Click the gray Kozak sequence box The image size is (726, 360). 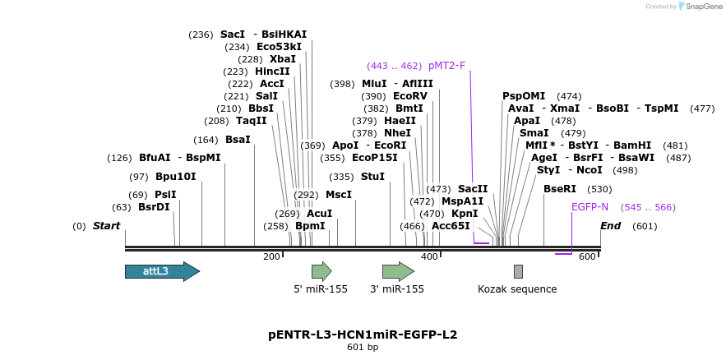coord(518,271)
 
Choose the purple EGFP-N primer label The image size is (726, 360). coord(590,207)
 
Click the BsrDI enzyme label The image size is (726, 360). coord(154,207)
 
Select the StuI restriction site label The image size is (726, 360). coord(372,177)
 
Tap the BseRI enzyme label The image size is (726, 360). coord(560,189)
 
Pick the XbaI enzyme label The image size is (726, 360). coord(283,59)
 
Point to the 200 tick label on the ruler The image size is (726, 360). coord(272,257)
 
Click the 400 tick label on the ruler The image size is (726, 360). coord(429,257)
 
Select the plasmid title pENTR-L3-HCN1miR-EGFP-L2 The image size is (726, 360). coord(363,335)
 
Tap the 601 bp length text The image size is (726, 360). coord(363,348)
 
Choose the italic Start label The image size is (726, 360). coord(106,226)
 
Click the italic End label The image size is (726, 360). coord(610,226)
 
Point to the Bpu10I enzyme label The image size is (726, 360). coord(176,177)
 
